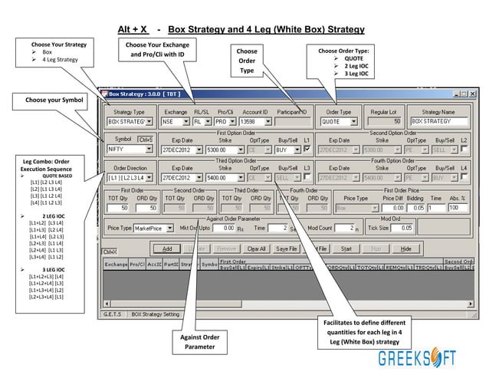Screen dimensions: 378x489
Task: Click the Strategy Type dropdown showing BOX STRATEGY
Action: click(128, 121)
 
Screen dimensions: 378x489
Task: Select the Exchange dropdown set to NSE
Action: click(175, 121)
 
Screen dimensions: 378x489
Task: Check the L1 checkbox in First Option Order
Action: click(307, 150)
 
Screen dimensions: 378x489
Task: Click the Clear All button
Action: click(257, 248)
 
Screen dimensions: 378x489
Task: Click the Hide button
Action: click(406, 248)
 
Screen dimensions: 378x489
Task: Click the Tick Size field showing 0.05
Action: click(411, 228)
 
